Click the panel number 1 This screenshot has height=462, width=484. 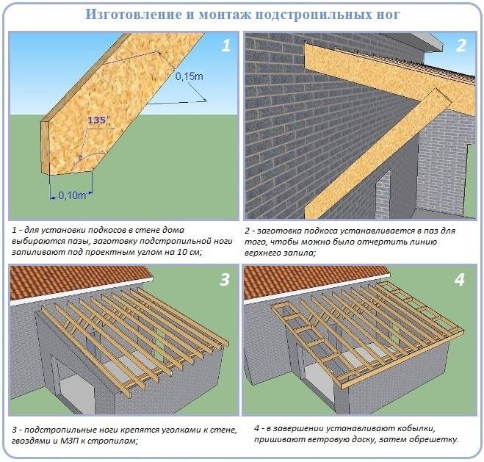click(226, 46)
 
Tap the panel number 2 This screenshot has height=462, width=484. click(460, 46)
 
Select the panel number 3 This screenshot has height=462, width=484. click(225, 280)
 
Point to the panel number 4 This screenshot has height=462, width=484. click(460, 280)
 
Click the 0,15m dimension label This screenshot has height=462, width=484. click(189, 76)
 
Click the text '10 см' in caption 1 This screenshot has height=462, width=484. click(189, 252)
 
